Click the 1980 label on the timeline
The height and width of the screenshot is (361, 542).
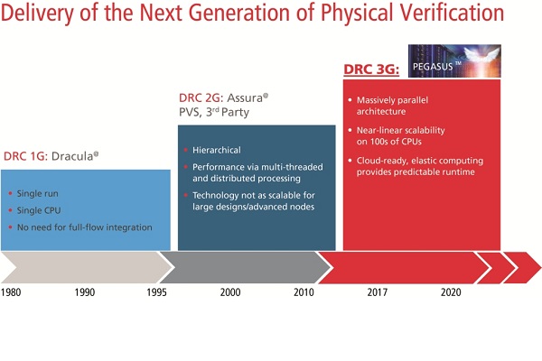[11, 292]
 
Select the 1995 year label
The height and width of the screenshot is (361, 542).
[156, 292]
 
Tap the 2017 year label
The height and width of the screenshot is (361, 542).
[377, 292]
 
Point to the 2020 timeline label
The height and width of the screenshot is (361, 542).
[451, 292]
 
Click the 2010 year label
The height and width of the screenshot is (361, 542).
[304, 292]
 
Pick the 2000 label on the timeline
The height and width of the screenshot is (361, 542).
[230, 292]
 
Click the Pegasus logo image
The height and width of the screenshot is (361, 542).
[454, 60]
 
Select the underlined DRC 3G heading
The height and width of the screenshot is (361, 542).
[371, 69]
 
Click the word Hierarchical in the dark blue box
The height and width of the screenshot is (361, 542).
[217, 150]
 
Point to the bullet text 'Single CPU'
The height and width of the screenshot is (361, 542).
[39, 210]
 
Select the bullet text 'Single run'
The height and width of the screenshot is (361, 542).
[38, 193]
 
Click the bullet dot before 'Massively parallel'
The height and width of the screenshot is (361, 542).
[350, 100]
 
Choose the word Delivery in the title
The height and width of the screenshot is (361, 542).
[37, 14]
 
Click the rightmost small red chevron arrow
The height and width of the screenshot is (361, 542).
[522, 268]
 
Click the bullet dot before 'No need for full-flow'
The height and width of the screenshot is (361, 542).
[10, 227]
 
